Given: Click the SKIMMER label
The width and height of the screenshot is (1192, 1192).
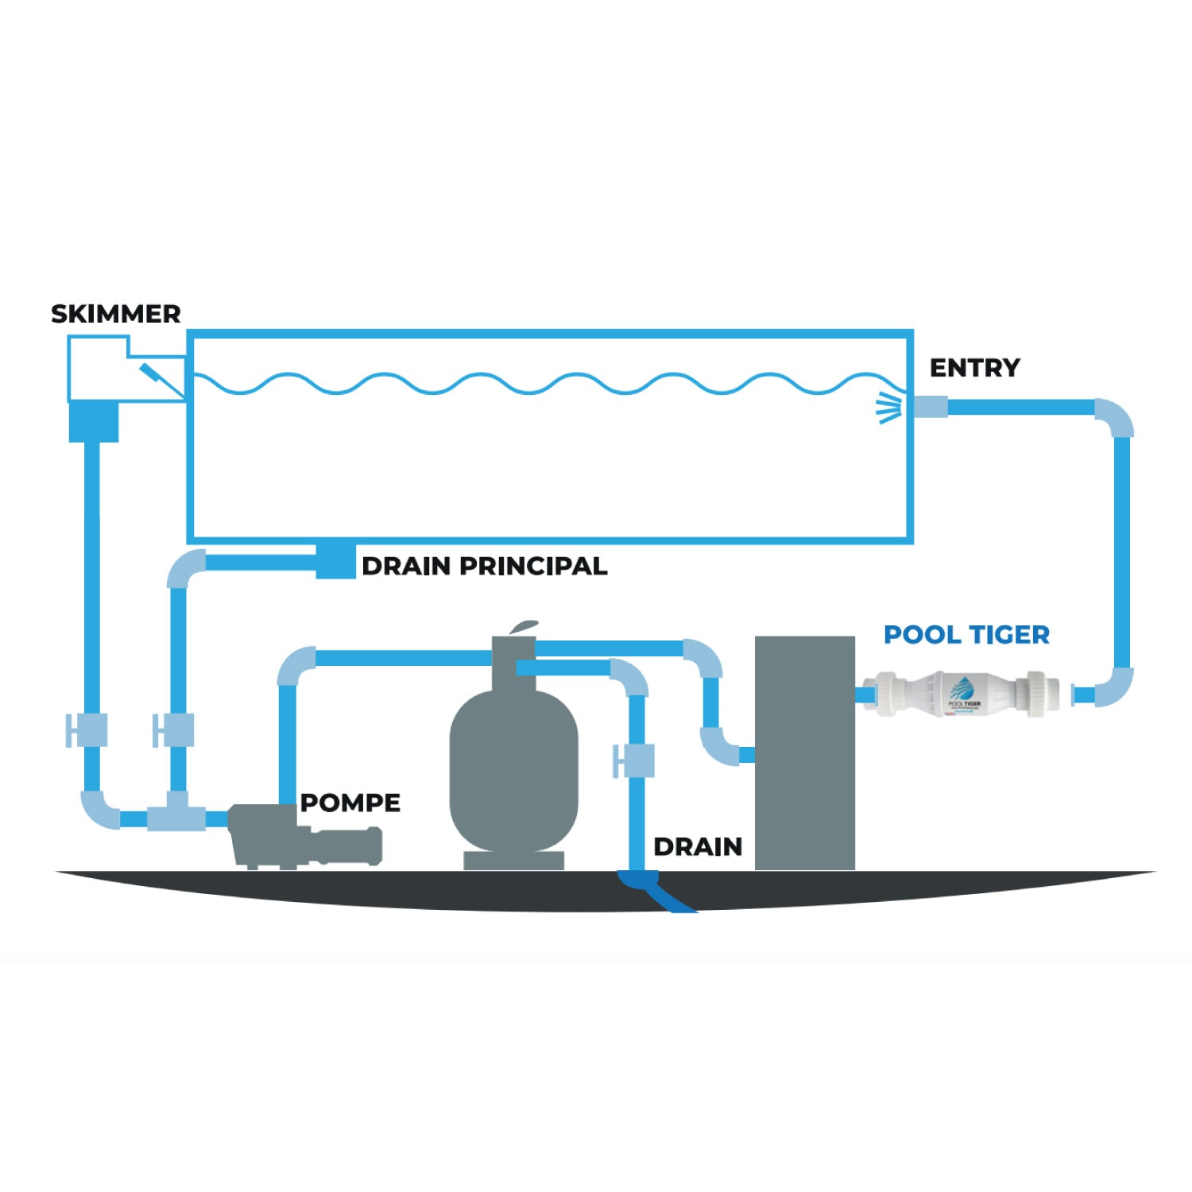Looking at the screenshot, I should click(116, 314).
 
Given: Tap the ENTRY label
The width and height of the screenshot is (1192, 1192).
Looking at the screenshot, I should click(974, 368).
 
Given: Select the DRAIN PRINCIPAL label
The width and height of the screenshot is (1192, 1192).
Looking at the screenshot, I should click(484, 566).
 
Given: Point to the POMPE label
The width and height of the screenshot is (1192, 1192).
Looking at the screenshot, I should click(350, 803).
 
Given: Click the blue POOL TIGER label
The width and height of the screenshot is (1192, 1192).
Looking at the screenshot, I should click(966, 634).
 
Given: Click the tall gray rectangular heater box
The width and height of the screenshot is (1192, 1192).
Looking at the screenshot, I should click(804, 751).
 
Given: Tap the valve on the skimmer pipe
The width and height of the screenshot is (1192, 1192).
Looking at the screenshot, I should click(87, 730).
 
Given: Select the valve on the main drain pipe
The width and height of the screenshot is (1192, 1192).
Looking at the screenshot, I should click(174, 730).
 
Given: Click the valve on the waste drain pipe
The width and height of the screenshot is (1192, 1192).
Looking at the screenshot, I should click(634, 760).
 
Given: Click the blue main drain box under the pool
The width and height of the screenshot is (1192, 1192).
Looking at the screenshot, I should click(335, 560).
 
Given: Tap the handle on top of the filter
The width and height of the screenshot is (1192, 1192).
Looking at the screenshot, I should click(523, 627).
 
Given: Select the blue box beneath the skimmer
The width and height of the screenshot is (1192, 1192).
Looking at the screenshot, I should click(94, 421).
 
